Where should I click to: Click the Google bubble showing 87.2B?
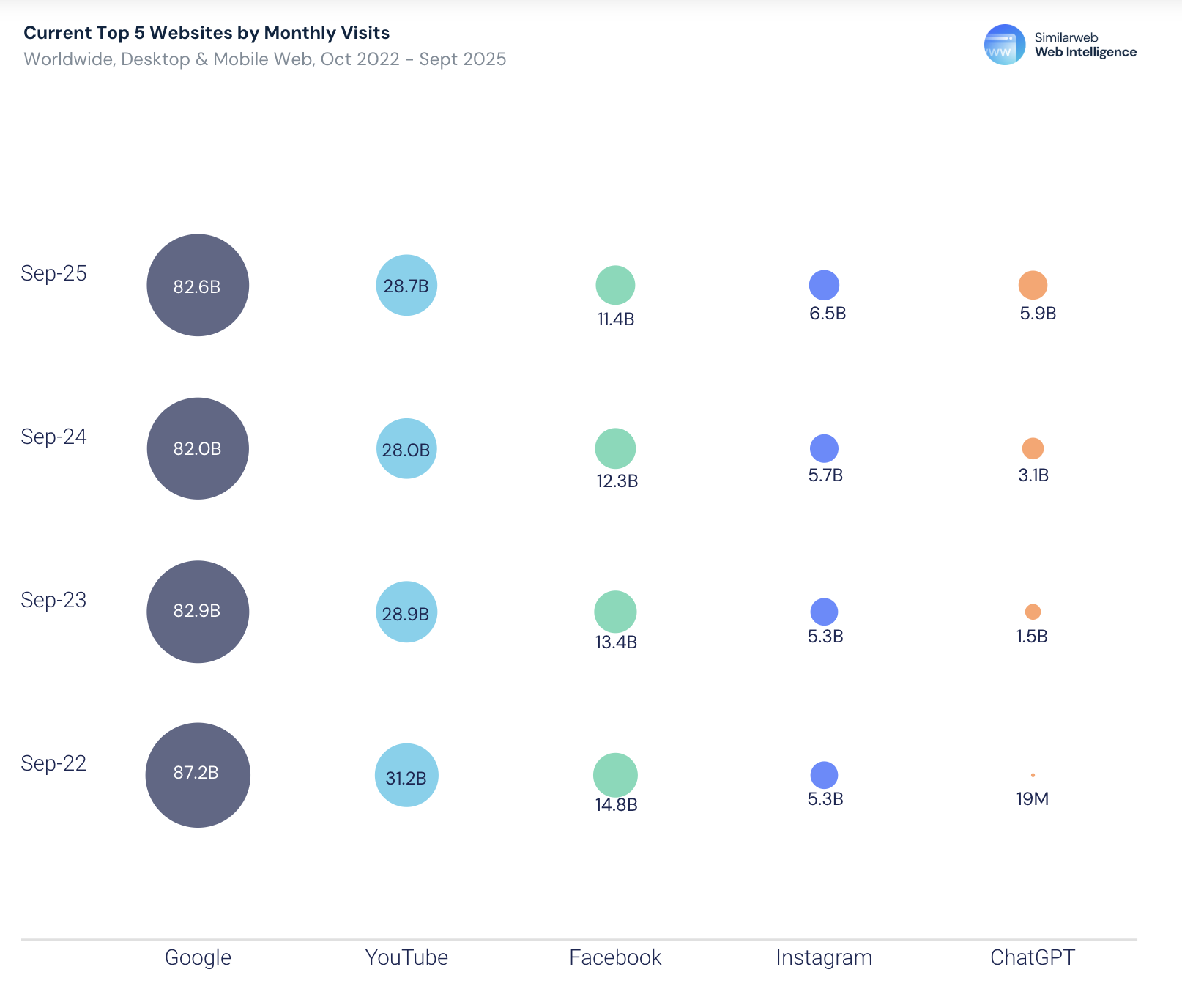click(x=198, y=775)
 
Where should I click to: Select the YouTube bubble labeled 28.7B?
click(x=406, y=285)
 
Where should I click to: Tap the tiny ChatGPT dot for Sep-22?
click(x=1033, y=775)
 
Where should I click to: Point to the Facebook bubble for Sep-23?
click(x=615, y=611)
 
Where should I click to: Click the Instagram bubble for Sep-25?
click(x=824, y=285)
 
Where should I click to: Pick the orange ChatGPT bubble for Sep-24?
click(x=1033, y=448)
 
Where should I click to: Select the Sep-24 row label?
click(x=53, y=437)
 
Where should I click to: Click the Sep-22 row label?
click(x=53, y=763)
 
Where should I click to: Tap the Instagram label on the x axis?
click(x=824, y=957)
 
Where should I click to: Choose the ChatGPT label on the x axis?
click(x=1033, y=957)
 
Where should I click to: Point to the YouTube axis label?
click(x=406, y=957)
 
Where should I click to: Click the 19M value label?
click(x=1033, y=798)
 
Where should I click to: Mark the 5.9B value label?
click(x=1038, y=314)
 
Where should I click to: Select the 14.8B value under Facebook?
click(x=616, y=805)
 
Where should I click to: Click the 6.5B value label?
click(x=828, y=314)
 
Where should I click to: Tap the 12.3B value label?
click(x=617, y=481)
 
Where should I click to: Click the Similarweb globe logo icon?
click(x=1004, y=45)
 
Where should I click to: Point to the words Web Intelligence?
click(x=1085, y=52)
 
